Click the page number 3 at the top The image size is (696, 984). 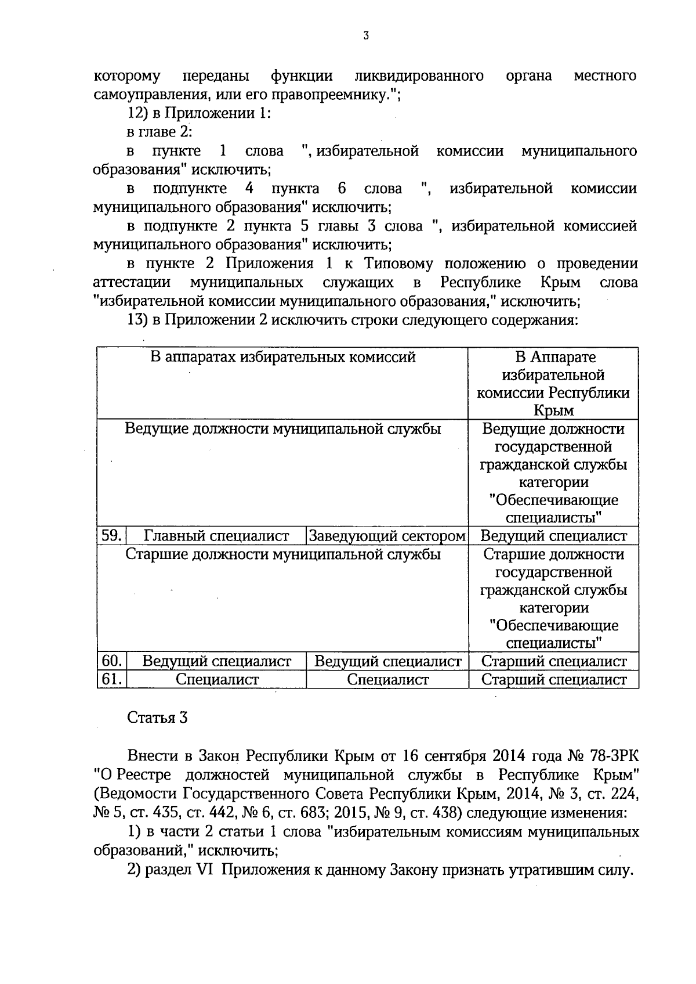point(365,37)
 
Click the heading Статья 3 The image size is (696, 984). point(157,718)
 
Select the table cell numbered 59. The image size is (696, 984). point(111,535)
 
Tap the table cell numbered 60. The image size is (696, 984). point(111,661)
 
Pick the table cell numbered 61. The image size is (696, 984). point(111,679)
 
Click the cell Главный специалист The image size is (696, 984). point(216,536)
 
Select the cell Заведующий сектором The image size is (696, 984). point(387,536)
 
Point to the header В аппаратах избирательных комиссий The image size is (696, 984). point(282,357)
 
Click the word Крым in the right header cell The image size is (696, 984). point(553,410)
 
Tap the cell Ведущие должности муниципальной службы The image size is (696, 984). point(282,429)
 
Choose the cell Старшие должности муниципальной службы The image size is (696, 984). point(282,554)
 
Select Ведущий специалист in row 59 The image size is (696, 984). point(554,536)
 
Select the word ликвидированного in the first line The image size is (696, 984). point(419,76)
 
